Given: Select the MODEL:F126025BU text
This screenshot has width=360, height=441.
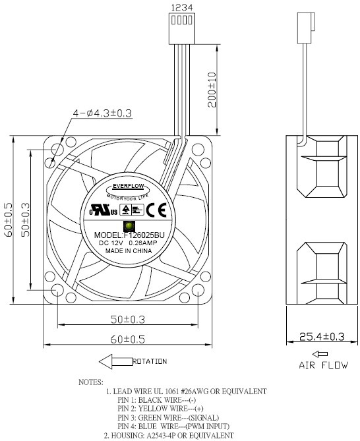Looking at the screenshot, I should tap(129, 235).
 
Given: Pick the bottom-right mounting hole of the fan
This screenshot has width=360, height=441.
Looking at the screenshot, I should tap(198, 289).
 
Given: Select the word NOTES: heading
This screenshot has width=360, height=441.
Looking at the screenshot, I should tap(90, 382).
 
